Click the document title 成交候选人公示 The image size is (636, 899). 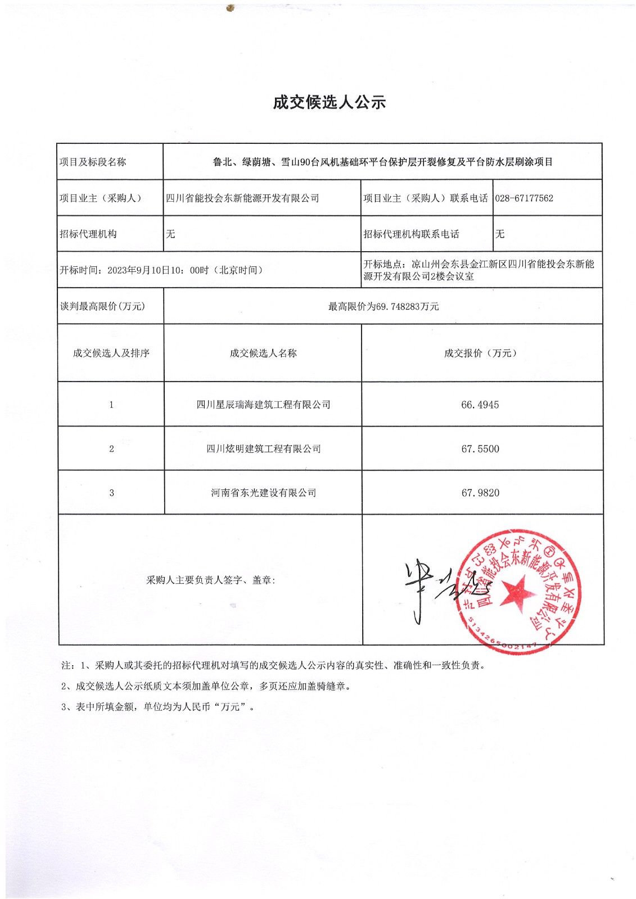(x=330, y=102)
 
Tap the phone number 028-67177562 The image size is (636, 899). (x=524, y=198)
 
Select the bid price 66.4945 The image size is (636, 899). (x=480, y=405)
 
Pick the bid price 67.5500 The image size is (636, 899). (x=480, y=449)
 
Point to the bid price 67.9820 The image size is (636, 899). (x=480, y=493)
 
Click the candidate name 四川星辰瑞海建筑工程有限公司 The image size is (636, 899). (x=263, y=405)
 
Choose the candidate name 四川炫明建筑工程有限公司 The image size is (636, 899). (x=263, y=449)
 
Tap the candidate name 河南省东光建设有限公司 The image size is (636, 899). (x=263, y=493)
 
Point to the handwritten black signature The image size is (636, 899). (x=433, y=590)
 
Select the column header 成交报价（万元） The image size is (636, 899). (x=480, y=353)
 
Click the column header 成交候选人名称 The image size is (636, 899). (x=263, y=353)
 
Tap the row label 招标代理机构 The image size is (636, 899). (x=88, y=234)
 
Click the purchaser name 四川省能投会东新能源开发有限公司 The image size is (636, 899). (x=242, y=198)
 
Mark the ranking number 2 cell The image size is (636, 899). (x=111, y=449)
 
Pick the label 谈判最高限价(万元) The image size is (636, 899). (x=102, y=306)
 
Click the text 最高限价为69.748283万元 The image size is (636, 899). (x=384, y=307)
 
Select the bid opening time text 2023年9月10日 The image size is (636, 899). (x=138, y=270)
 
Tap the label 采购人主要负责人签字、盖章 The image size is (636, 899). (x=211, y=580)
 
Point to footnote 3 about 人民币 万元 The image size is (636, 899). (x=158, y=707)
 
